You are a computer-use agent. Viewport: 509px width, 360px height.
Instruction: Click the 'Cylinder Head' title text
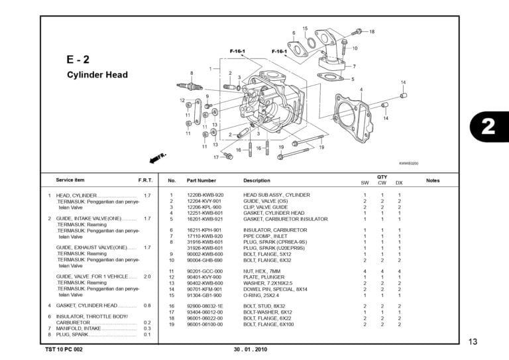coord(97,75)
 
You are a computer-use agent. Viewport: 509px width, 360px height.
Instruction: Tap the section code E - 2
coord(78,59)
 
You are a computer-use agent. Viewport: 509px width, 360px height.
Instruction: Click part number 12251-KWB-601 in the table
coord(205,213)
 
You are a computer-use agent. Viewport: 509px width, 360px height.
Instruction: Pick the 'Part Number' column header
coord(201,180)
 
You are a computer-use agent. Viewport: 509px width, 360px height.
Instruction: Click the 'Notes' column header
coord(432,180)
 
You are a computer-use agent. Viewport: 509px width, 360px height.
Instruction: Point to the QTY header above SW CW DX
coord(382,177)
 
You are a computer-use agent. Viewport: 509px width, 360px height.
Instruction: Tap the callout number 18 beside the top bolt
coord(372,31)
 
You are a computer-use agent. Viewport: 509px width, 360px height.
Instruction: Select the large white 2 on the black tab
coord(488,126)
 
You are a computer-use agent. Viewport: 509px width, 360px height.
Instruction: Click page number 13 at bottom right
coord(472,341)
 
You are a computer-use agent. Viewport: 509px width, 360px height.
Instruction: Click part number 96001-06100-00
coord(205,324)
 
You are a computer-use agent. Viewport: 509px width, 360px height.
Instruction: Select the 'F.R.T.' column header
coord(145,180)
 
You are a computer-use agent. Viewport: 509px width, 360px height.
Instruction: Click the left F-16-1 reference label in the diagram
coord(237,51)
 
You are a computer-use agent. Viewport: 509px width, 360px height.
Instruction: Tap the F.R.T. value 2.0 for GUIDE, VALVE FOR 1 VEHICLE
coord(147,276)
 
